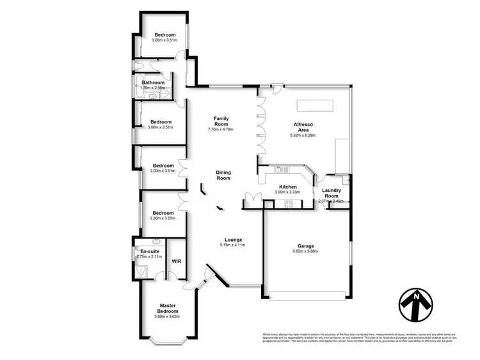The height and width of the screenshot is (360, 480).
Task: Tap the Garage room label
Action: coord(310,246)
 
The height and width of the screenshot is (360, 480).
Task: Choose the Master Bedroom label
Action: coord(168,309)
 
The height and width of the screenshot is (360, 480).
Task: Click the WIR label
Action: coord(177,262)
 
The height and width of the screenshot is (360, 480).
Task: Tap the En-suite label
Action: coord(150,251)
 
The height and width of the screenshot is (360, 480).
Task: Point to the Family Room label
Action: coord(221,121)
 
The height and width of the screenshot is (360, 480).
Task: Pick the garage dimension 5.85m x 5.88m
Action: coord(310,251)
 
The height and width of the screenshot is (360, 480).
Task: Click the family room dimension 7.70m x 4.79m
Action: coord(221,130)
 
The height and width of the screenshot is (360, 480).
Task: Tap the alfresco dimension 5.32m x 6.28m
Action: coord(303,135)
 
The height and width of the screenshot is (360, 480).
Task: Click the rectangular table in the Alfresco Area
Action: coord(314,104)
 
